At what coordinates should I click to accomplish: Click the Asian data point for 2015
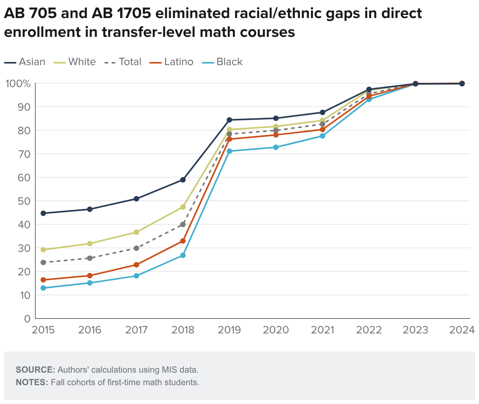point(43,213)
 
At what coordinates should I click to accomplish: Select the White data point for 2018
point(183,207)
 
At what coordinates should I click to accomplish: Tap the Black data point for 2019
point(230,151)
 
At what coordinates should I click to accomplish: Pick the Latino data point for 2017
point(136,265)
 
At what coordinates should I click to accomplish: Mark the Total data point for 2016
point(90,258)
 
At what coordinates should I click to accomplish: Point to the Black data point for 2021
point(322,136)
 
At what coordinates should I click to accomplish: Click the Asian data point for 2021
point(322,113)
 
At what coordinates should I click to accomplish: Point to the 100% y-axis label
point(18,84)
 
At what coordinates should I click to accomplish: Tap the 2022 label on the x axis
point(369,330)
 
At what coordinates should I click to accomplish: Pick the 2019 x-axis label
point(230,330)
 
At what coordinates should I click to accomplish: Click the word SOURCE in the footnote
point(35,369)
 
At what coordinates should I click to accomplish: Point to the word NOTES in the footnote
point(31,382)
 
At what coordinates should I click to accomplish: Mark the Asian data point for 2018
point(183,180)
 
